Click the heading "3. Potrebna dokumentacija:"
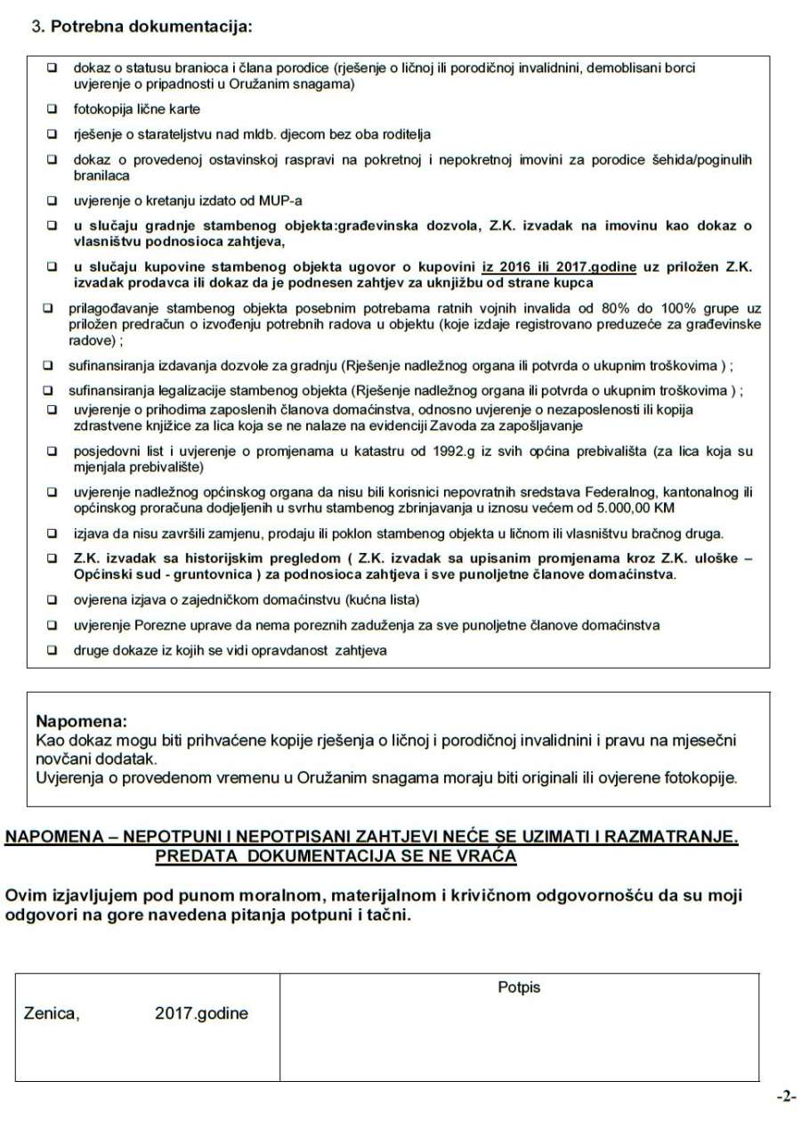pyautogui.click(x=142, y=26)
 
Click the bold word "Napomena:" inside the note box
pyautogui.click(x=81, y=719)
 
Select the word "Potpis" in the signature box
pyautogui.click(x=519, y=987)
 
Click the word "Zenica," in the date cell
pyautogui.click(x=51, y=1013)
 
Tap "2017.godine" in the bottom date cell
pyautogui.click(x=201, y=1013)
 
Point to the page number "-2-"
pyautogui.click(x=786, y=1097)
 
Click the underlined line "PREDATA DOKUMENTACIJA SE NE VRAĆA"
pyautogui.click(x=336, y=857)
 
